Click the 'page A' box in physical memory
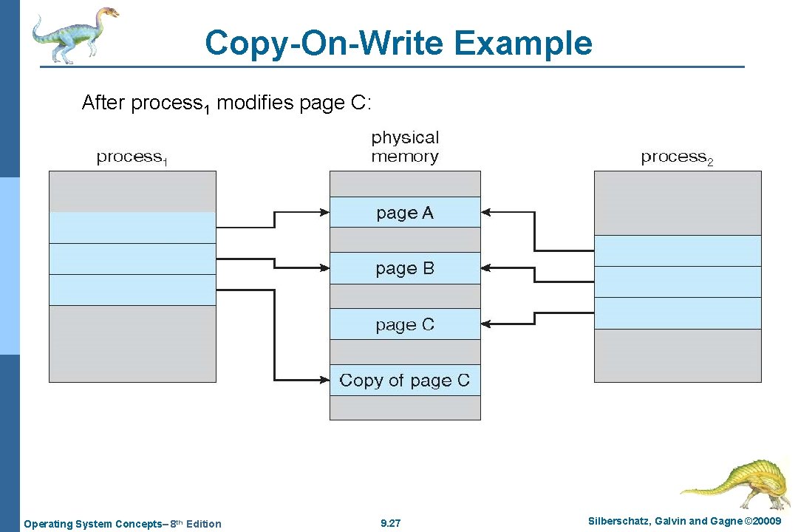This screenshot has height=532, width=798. point(405,213)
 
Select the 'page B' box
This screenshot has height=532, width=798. point(405,268)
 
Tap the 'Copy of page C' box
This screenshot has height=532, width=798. point(405,381)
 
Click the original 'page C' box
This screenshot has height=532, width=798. point(405,324)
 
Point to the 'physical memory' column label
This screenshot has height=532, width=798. point(405,146)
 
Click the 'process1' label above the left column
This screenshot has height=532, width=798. point(132,157)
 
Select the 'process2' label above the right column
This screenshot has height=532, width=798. point(677,157)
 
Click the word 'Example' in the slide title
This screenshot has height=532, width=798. point(523,43)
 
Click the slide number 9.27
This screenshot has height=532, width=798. point(390,524)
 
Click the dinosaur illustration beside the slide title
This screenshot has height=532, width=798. point(74,33)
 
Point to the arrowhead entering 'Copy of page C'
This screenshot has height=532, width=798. point(324,381)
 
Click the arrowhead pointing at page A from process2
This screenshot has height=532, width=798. point(486,213)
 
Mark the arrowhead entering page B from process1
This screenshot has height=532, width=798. point(324,268)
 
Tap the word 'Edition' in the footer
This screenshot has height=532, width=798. point(203,524)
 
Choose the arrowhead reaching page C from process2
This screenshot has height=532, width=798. point(486,324)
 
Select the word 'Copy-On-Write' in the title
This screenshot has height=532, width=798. point(324,43)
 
